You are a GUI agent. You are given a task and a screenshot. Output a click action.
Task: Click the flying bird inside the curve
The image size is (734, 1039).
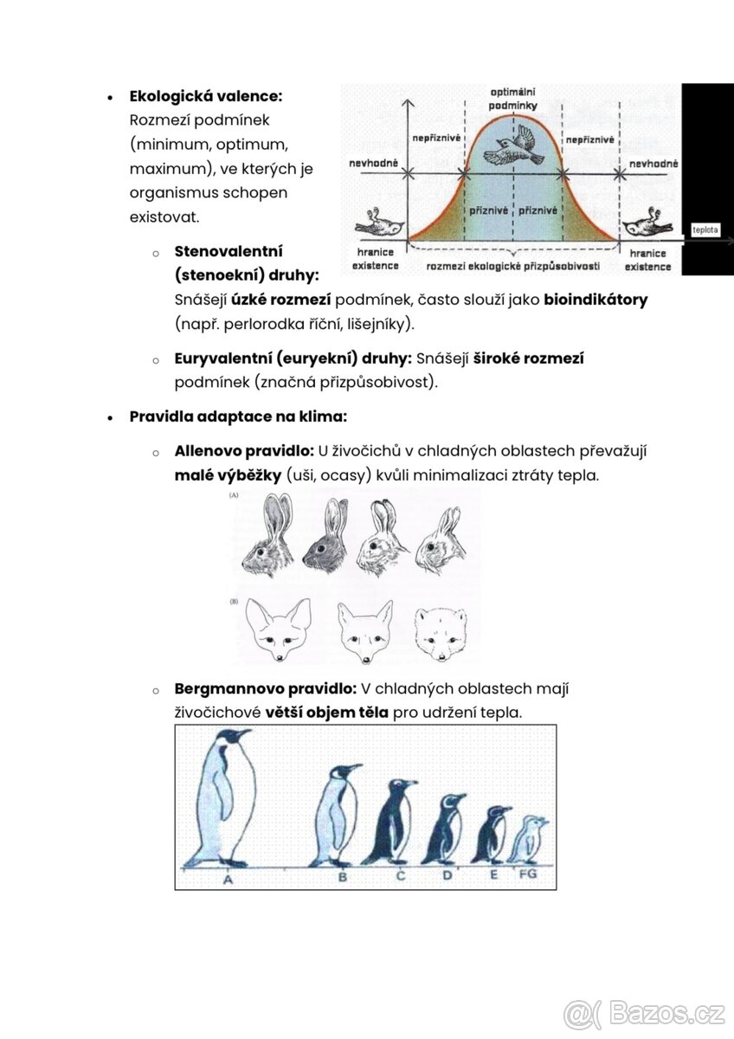tap(513, 147)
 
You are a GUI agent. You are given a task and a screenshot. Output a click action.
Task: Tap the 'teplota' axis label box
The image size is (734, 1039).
tap(705, 229)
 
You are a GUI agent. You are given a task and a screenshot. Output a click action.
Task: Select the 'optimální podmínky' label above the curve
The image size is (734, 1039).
tap(512, 99)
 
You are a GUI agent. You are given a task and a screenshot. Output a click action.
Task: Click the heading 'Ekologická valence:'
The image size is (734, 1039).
tap(205, 96)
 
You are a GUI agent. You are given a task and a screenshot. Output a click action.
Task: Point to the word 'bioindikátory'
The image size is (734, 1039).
tap(596, 300)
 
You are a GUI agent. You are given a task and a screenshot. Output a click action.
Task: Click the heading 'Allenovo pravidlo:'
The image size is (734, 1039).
tap(244, 451)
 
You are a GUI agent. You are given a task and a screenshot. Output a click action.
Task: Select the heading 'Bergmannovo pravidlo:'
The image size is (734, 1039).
tap(265, 689)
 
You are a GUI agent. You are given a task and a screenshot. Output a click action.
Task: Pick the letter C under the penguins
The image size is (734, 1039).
tap(401, 875)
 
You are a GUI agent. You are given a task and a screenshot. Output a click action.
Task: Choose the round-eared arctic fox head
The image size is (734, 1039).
tap(441, 635)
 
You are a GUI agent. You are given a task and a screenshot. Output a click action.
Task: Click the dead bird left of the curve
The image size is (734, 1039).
tap(379, 224)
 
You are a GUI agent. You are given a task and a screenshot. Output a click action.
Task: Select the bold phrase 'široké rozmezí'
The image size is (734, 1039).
tap(529, 358)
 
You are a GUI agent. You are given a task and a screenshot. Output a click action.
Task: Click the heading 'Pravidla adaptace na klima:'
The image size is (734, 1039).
tap(238, 416)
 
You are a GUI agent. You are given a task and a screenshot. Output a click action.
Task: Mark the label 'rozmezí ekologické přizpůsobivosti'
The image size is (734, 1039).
tap(512, 266)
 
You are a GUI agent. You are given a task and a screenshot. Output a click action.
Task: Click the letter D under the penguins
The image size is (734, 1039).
tap(447, 875)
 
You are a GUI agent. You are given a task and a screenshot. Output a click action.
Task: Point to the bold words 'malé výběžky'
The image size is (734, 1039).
tap(228, 475)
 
